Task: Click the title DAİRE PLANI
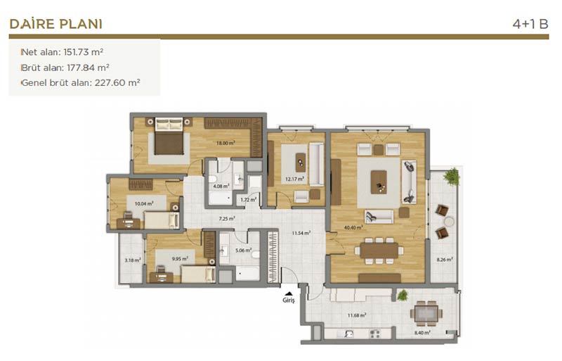56,24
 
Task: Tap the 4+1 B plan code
530,24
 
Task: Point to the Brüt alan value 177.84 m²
89,68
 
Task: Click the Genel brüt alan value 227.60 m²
117,82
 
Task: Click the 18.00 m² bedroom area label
226,143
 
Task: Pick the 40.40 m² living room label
353,227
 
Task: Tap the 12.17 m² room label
294,179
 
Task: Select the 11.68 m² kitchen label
357,315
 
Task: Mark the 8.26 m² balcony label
445,259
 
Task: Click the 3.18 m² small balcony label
133,260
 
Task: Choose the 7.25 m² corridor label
227,218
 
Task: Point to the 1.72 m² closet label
249,199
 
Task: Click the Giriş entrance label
289,300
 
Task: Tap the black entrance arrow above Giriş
289,293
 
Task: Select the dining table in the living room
379,251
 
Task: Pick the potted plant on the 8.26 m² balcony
452,177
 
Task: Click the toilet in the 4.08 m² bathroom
214,179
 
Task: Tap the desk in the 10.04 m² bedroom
129,223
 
